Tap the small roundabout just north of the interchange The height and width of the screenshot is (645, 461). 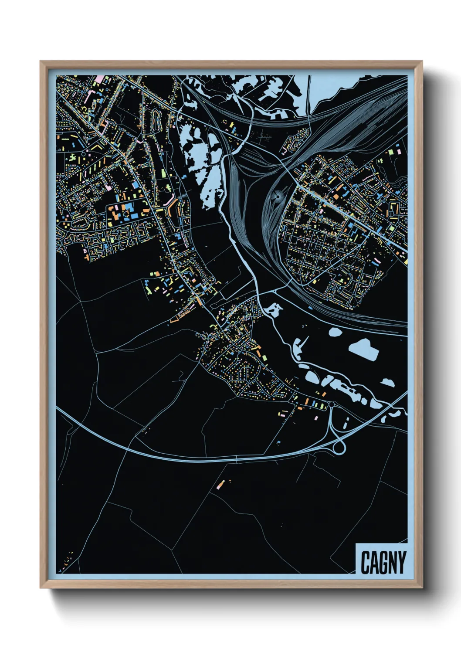[x=332, y=405]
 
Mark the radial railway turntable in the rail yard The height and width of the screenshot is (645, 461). [x=277, y=197]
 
